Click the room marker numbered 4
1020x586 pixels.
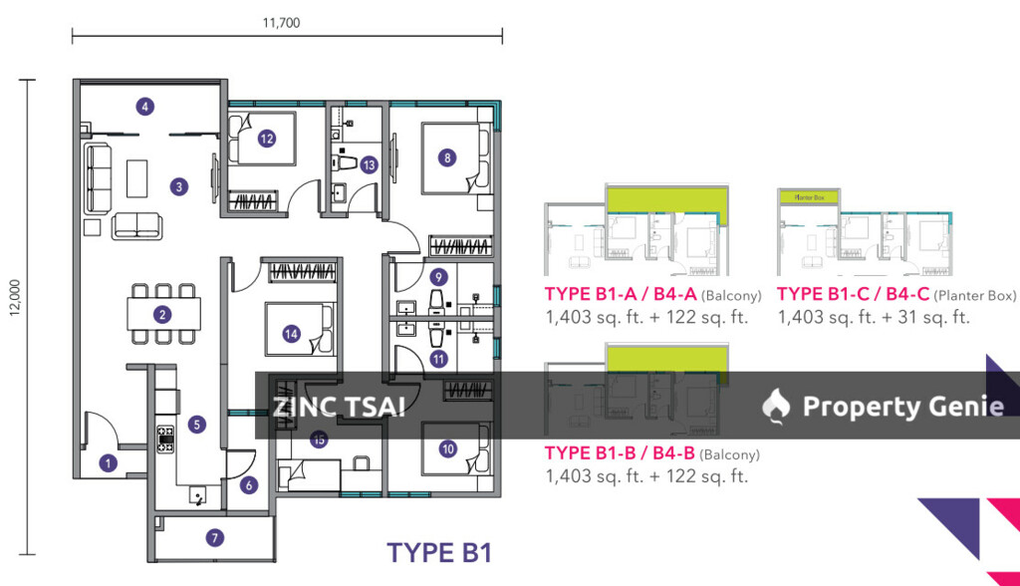(x=145, y=107)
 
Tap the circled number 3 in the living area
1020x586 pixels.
(x=178, y=185)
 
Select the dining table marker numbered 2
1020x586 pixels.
(x=162, y=315)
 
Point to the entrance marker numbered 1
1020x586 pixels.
(x=109, y=462)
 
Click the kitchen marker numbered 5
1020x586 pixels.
(x=197, y=425)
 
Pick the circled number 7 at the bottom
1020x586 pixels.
(x=214, y=538)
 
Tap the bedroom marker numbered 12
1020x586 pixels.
(x=266, y=139)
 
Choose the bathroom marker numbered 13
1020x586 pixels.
(x=370, y=165)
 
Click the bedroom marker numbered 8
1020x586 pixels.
(x=447, y=156)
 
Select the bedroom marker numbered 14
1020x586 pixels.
(x=291, y=334)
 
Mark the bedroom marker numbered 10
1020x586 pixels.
(x=447, y=449)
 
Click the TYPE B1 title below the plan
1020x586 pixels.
(x=438, y=552)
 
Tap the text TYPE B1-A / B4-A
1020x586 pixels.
(x=621, y=294)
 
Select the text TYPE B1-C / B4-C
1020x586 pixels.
(x=853, y=294)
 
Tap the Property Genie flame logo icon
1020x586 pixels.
(x=776, y=405)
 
